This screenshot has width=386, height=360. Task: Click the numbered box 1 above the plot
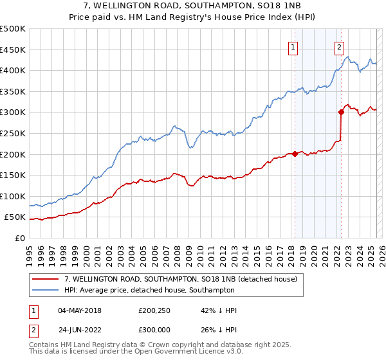click(x=293, y=46)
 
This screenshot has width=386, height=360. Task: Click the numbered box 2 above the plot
click(x=339, y=46)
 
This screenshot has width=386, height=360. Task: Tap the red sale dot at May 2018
click(x=295, y=154)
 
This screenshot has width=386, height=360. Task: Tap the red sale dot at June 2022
click(x=342, y=112)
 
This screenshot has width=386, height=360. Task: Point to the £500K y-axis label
click(x=13, y=29)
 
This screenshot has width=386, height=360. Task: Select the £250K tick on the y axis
click(x=13, y=133)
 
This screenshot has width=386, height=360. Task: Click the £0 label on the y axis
click(x=19, y=238)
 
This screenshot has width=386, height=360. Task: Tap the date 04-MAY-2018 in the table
click(x=80, y=310)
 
